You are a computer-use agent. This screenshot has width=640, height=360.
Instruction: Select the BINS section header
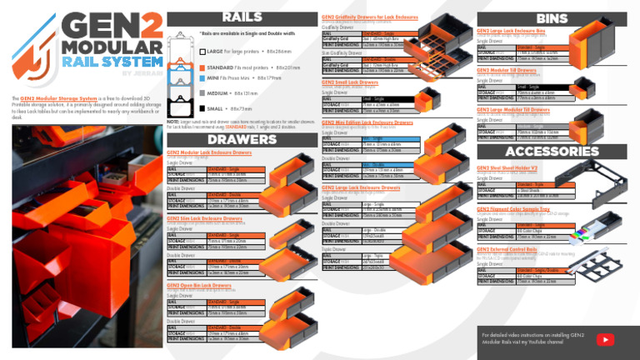552,17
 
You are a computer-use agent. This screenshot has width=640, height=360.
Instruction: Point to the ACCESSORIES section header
552,151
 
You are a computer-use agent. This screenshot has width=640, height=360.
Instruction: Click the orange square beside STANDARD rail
203,66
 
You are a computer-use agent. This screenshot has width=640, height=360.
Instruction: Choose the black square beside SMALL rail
203,109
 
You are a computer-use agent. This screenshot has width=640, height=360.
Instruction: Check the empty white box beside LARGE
203,52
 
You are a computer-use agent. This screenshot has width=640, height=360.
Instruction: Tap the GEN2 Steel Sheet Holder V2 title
508,167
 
